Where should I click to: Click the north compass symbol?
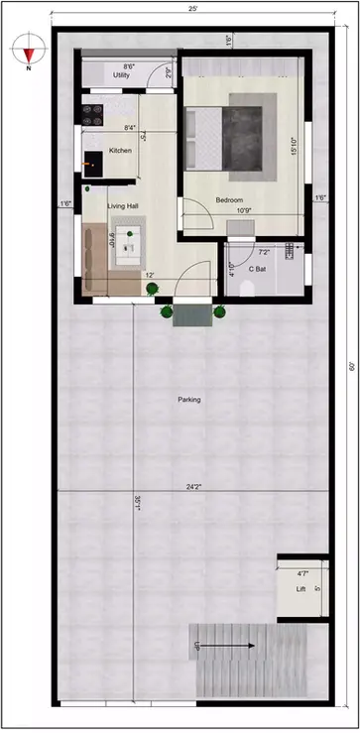[x=31, y=50]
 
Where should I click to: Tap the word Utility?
[x=122, y=74]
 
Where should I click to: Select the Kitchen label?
[x=120, y=150]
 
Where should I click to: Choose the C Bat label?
[x=256, y=269]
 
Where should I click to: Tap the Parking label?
[x=188, y=400]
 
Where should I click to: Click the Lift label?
[x=301, y=589]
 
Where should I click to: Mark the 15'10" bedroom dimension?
[x=295, y=146]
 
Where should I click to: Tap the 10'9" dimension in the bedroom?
[x=242, y=209]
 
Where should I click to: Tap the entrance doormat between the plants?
[x=192, y=314]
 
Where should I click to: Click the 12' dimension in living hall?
[x=149, y=275]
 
